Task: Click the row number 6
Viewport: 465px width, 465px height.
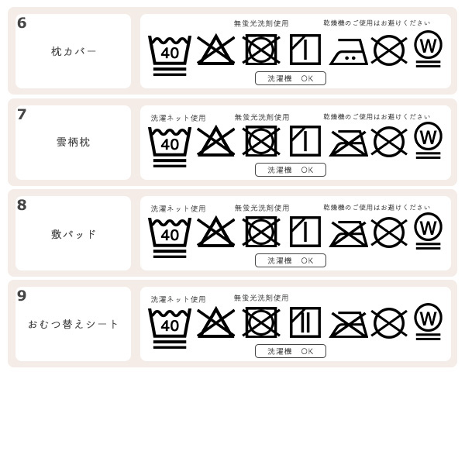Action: coord(22,23)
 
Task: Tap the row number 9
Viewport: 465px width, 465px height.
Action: coord(22,295)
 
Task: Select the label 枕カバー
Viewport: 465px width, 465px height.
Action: coord(74,51)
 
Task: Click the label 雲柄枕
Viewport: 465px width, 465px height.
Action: coord(74,142)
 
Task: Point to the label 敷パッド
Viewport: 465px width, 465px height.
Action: coord(74,234)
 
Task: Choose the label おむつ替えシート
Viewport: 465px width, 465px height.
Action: coord(74,324)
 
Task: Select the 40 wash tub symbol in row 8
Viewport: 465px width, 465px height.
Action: coord(169,235)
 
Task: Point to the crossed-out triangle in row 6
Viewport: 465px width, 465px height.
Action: coord(215,50)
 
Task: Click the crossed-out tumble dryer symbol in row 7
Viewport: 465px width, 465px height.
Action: coord(261,141)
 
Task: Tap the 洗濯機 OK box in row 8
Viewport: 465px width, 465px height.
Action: coord(291,260)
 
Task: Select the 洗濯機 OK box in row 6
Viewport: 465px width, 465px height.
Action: coord(291,78)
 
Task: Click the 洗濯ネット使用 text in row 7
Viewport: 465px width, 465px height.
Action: coord(178,118)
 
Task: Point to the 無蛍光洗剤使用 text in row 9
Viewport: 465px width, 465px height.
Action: coord(261,298)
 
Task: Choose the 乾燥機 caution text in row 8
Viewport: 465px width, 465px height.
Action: coord(377,208)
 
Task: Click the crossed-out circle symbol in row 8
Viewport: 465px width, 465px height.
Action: coord(389,232)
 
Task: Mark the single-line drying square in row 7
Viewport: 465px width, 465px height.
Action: coord(305,141)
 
